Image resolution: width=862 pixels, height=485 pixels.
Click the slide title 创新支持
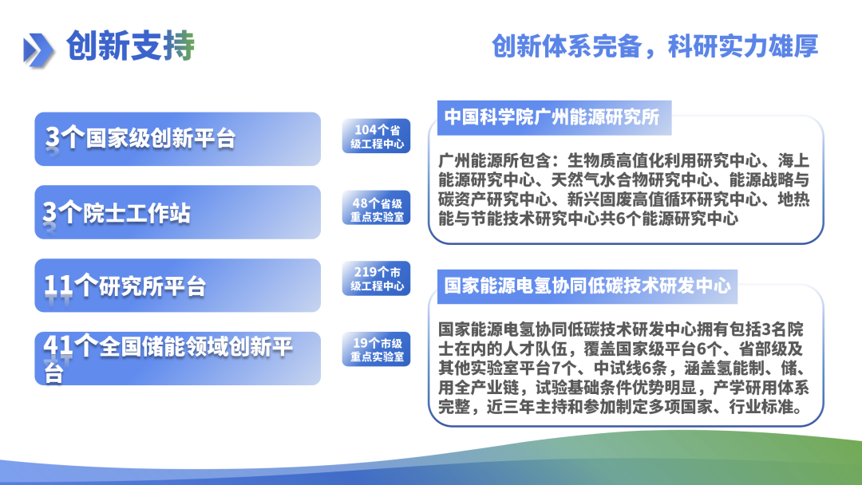130,46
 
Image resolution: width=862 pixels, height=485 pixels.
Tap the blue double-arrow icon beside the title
38,49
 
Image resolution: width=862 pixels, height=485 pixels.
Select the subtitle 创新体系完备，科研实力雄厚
654,46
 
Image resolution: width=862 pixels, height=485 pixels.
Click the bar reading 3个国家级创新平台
177,139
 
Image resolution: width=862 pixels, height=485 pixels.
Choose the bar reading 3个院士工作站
177,212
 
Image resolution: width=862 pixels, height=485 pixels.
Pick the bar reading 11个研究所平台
177,286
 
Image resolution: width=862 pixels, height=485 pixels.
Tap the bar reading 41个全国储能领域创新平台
177,358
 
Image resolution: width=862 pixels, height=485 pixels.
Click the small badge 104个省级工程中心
377,137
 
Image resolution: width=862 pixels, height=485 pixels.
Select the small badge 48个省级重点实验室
377,211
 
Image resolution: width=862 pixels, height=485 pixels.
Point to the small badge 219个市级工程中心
377,279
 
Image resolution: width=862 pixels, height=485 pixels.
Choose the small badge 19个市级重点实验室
377,350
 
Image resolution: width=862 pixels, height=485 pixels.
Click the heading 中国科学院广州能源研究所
552,117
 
